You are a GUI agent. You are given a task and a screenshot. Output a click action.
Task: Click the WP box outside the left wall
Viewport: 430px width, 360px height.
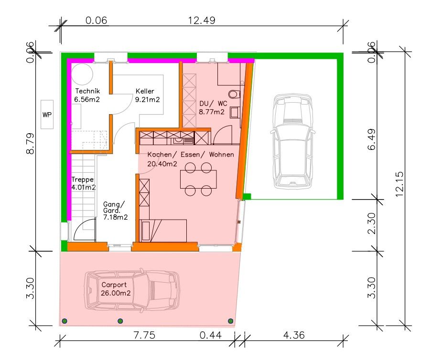click(47, 114)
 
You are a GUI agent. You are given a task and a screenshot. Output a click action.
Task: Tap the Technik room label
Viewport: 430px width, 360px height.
click(87, 91)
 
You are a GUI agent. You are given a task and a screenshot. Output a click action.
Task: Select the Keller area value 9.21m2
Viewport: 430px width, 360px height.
click(147, 99)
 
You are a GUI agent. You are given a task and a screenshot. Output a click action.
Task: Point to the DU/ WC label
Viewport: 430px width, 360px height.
click(213, 103)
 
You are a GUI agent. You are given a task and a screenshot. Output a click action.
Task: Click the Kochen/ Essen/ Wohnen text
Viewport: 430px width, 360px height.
click(191, 155)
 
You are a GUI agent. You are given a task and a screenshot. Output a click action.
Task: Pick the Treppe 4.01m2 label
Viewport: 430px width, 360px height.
click(83, 183)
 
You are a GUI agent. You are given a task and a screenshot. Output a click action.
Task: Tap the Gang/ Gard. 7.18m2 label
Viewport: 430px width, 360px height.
click(115, 211)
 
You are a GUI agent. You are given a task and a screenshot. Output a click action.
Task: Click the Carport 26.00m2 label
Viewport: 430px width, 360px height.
click(116, 289)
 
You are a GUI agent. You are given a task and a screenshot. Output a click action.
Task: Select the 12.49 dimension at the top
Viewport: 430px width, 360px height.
click(202, 20)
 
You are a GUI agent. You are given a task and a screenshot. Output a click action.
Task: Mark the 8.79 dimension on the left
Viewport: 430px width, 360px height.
click(30, 143)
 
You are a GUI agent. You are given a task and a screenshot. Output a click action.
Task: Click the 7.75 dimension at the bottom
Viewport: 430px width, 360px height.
click(144, 335)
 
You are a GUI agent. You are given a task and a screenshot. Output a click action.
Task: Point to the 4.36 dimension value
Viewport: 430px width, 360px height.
click(294, 335)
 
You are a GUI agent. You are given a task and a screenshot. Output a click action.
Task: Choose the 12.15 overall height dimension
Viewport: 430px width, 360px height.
click(399, 184)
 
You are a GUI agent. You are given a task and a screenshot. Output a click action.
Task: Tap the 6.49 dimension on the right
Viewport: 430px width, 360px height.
click(371, 139)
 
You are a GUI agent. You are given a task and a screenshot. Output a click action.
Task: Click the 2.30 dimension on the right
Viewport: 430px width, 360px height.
click(371, 223)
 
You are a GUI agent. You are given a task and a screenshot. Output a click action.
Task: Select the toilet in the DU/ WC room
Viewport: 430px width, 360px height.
click(235, 94)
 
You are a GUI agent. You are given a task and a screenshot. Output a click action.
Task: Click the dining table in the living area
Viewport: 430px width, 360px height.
click(198, 179)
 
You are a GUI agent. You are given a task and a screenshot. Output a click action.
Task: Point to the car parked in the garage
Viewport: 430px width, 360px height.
click(292, 141)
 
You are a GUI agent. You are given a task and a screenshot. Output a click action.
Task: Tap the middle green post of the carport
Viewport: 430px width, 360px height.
click(120, 321)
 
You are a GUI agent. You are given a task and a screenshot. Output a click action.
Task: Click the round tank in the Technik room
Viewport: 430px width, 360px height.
click(82, 74)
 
